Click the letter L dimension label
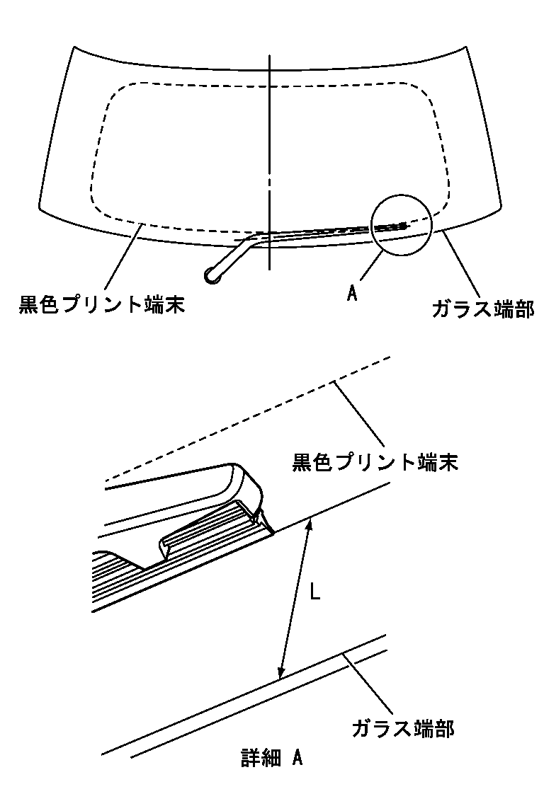[316, 591]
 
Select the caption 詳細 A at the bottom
[272, 759]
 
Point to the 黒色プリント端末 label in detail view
[376, 463]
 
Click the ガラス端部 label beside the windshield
[482, 309]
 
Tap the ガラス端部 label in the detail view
[402, 727]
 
